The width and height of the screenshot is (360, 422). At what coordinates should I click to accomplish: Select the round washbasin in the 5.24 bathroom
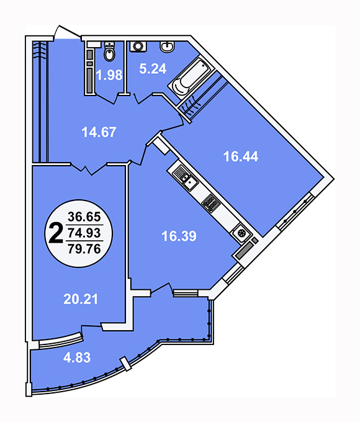[x=167, y=47]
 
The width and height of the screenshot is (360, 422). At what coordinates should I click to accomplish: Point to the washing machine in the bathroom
[x=138, y=46]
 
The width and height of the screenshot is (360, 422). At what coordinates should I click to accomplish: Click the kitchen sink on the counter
[x=190, y=183]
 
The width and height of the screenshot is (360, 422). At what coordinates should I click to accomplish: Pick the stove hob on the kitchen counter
[x=211, y=202]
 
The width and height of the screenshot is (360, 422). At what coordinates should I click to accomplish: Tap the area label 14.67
[x=99, y=132]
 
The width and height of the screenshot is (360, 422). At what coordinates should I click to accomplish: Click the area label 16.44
[x=241, y=156]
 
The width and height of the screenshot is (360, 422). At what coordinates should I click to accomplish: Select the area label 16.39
[x=179, y=236]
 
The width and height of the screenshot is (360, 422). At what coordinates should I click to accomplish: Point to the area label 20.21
[x=81, y=299]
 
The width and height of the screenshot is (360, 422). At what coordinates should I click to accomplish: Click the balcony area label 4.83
[x=77, y=357]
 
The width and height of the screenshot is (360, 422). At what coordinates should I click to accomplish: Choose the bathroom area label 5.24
[x=153, y=69]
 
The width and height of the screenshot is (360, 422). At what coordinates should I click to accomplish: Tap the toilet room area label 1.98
[x=109, y=75]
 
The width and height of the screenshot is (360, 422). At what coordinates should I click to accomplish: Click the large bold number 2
[x=55, y=233]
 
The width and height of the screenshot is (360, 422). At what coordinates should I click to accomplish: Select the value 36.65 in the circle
[x=84, y=217]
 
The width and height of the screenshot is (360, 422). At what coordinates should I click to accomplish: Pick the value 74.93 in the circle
[x=84, y=233]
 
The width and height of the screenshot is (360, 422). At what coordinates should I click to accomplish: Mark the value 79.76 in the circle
[x=84, y=248]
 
